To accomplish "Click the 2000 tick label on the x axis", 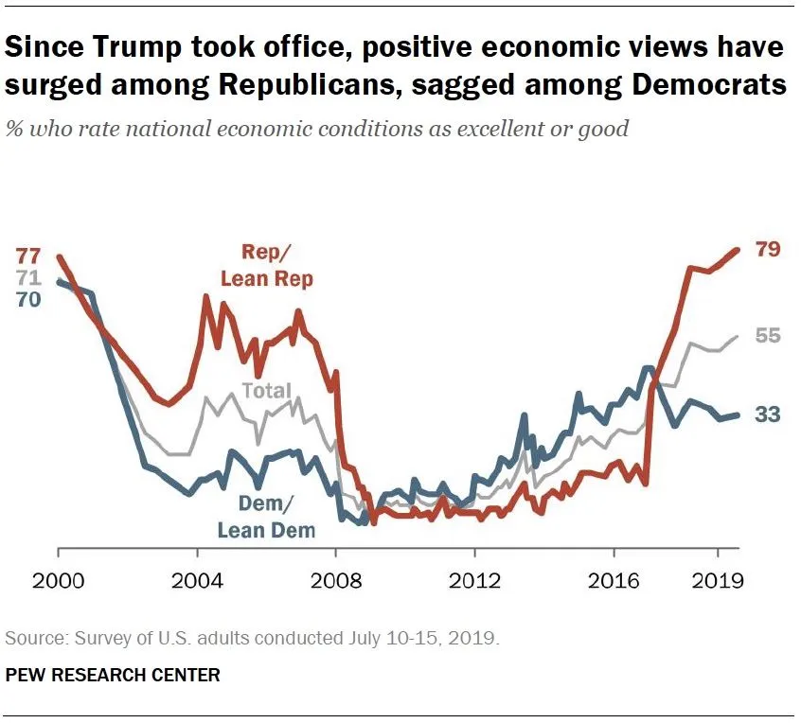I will (x=59, y=580).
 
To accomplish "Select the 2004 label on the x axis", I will (x=198, y=580).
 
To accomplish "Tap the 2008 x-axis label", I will (x=337, y=580).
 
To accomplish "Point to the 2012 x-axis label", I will (x=475, y=580).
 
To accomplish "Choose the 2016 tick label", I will (x=614, y=580).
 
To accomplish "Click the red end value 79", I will (x=767, y=250).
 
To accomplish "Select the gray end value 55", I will (x=767, y=336).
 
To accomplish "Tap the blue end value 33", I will (x=767, y=414).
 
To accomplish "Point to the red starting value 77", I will (x=28, y=256).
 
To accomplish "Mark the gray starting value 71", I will (x=28, y=278).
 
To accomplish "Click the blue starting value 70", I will (x=28, y=300).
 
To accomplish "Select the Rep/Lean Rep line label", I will (x=266, y=265).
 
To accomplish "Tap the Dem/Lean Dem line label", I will (x=266, y=517).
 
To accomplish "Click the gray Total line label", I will (x=266, y=391).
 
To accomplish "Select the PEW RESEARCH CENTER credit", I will (x=113, y=675).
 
